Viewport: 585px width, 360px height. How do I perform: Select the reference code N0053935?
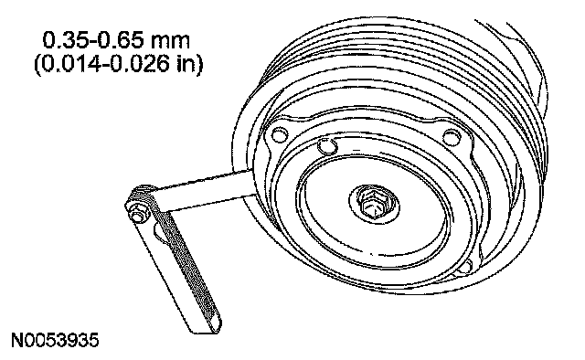(x=55, y=340)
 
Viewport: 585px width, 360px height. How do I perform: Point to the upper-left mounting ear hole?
(x=279, y=135)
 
